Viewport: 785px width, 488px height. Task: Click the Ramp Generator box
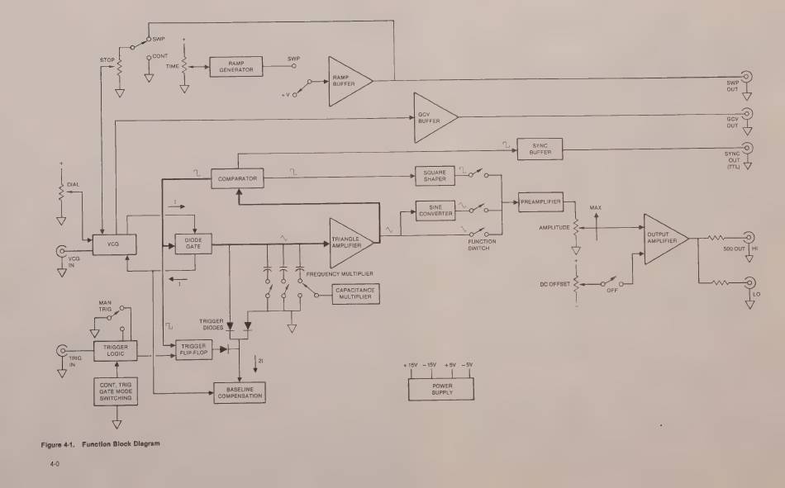[235, 68]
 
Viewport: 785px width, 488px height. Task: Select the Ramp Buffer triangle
[347, 80]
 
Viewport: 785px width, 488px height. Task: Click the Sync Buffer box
[539, 149]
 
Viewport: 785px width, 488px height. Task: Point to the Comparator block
[237, 178]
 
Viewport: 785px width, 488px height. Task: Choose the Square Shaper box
[436, 178]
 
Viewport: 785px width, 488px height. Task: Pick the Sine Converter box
[436, 211]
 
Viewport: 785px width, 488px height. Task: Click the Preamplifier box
[541, 201]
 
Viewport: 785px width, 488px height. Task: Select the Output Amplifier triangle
[664, 239]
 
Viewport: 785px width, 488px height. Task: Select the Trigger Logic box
[115, 351]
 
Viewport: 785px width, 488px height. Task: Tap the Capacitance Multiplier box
[354, 293]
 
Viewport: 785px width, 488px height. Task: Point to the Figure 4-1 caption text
[101, 443]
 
